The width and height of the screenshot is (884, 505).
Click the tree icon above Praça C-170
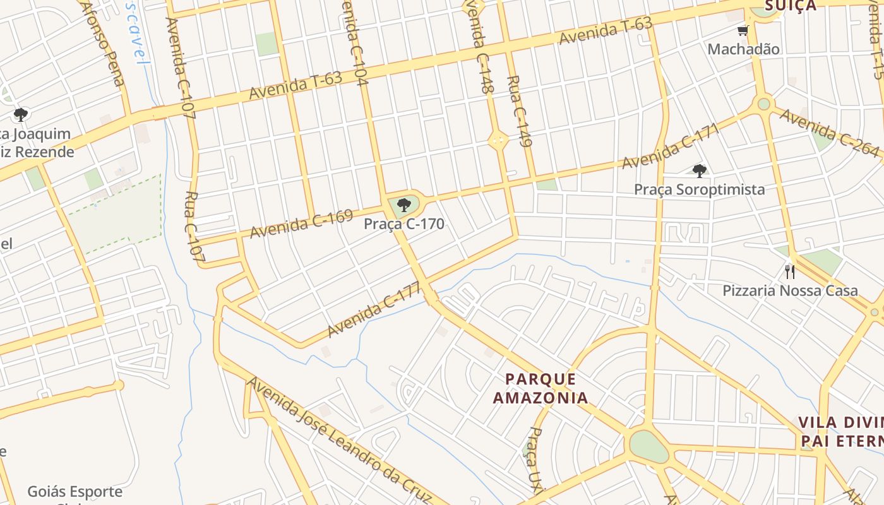404,205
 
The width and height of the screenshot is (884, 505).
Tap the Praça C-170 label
404,223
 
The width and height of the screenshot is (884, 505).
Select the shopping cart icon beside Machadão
743,30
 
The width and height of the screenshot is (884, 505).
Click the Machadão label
743,49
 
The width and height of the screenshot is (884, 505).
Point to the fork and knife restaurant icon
789,272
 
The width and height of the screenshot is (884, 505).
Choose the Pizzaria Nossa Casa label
790,290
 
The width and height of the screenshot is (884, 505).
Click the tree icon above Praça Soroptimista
699,170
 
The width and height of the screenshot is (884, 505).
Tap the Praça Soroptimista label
699,189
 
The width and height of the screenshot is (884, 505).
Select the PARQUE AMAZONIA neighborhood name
541,388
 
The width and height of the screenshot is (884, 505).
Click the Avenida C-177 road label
374,310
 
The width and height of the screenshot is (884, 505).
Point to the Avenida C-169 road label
301,224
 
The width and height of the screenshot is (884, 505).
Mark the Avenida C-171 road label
671,146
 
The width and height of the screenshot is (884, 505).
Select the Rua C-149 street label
520,111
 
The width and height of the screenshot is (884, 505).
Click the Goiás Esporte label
75,491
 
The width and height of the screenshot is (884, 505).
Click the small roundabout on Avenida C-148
498,140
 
